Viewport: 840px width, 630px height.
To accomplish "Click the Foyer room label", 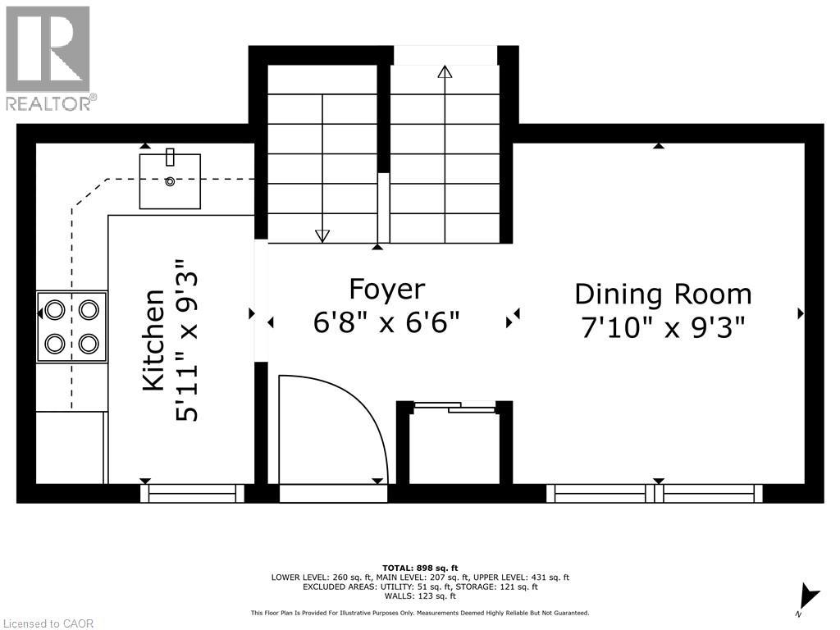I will tap(387, 290).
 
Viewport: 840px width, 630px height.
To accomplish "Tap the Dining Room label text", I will tap(663, 294).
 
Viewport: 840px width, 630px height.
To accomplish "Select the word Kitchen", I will tap(153, 340).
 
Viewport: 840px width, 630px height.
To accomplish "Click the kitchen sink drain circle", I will tap(170, 181).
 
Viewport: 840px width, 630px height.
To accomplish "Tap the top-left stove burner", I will tap(55, 310).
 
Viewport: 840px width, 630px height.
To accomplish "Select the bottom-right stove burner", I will tap(89, 342).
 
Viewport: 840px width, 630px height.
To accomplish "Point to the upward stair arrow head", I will tap(445, 71).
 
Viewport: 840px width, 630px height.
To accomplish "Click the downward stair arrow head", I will tap(322, 236).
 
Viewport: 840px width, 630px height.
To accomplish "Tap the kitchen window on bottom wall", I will tap(192, 494).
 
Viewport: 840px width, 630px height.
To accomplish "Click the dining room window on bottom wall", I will tap(654, 494).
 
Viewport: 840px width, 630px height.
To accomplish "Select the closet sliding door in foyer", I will tap(454, 407).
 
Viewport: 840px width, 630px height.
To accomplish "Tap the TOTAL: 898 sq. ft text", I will tap(420, 568).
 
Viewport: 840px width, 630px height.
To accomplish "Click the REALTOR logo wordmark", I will tap(50, 103).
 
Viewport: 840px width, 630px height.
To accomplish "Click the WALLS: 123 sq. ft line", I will tap(420, 596).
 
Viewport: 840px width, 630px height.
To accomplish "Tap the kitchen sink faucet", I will tap(170, 157).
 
